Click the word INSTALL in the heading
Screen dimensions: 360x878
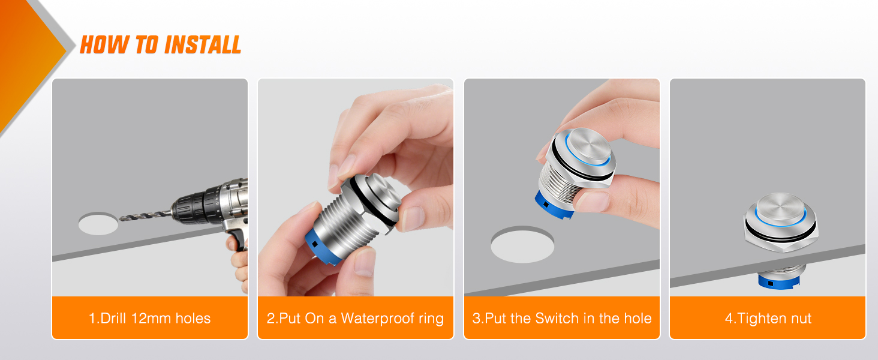pyautogui.click(x=203, y=45)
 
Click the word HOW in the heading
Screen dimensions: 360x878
pyautogui.click(x=98, y=45)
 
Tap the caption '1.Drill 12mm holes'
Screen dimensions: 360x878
pyautogui.click(x=150, y=318)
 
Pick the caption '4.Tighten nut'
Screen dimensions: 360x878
pyautogui.click(x=768, y=318)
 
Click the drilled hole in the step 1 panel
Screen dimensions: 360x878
pyautogui.click(x=98, y=224)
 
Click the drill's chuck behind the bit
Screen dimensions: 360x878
pyautogui.click(x=191, y=205)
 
